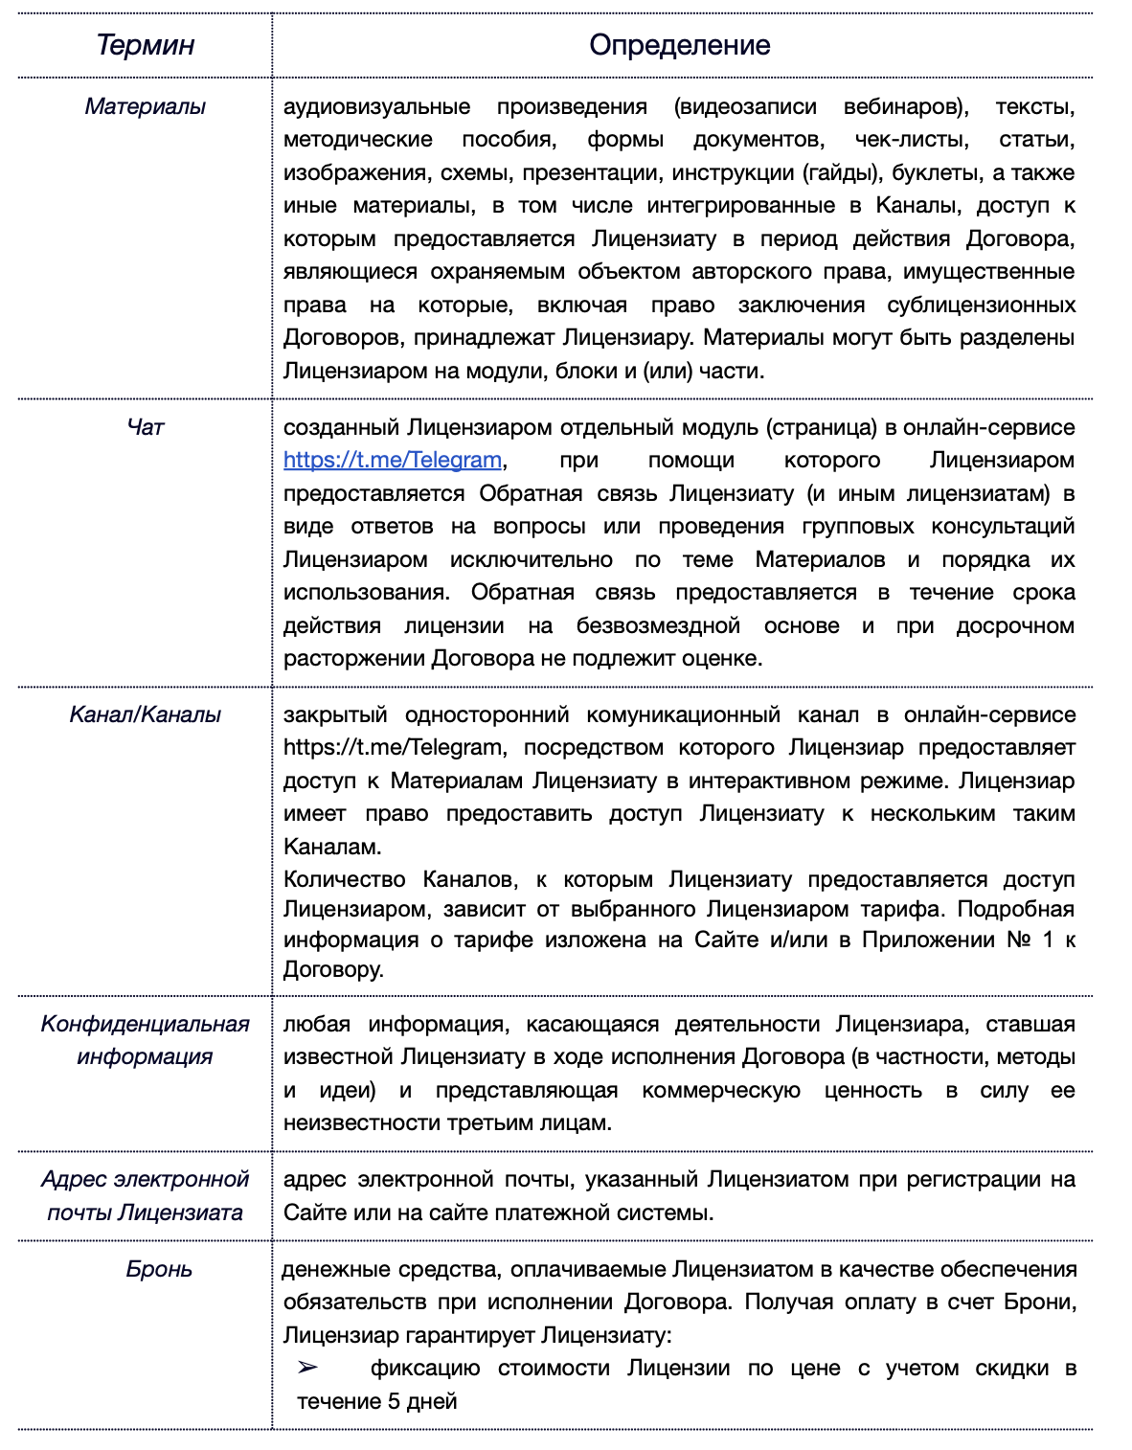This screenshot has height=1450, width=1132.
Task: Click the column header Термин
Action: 146,45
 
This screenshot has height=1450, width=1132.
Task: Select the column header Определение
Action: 679,45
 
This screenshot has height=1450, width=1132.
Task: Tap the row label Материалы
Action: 146,106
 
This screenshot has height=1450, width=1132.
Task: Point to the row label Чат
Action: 146,427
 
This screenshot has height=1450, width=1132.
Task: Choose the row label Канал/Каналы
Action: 146,714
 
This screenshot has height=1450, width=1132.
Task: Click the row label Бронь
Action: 159,1269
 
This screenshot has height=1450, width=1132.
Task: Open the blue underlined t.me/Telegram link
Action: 393,460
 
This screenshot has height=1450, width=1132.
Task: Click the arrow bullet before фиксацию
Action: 307,1368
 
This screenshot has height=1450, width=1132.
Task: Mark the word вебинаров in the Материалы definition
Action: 905,106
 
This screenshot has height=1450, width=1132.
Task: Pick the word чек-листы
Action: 911,140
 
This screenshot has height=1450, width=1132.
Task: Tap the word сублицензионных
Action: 981,305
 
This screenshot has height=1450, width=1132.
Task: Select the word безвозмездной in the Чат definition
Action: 658,625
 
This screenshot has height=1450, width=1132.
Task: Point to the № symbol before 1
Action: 1018,940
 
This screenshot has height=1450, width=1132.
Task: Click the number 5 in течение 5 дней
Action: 394,1401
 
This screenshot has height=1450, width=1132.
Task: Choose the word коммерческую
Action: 721,1090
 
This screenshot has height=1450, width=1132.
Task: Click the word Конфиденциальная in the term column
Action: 146,1024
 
